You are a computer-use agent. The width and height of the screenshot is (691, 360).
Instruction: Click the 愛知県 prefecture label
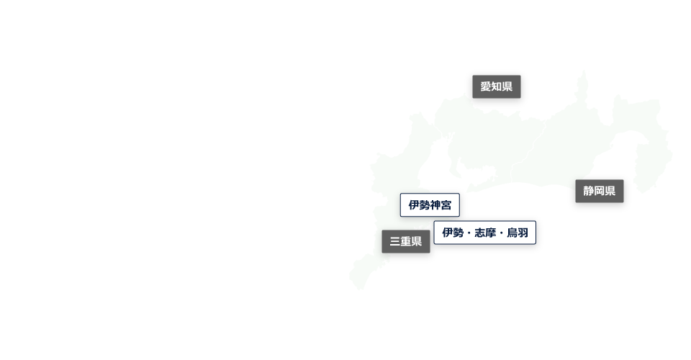(x=496, y=87)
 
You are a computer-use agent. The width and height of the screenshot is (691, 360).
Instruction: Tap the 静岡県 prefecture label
(x=599, y=192)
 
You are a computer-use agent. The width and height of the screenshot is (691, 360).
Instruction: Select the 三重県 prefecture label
(x=406, y=242)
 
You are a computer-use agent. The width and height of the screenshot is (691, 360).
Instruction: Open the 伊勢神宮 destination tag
(x=430, y=205)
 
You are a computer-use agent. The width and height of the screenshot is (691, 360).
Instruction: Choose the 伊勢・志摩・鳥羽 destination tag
(x=484, y=233)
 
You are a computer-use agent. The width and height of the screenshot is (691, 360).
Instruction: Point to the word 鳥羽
(x=517, y=233)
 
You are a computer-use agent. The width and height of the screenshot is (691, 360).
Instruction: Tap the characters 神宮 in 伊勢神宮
(x=441, y=205)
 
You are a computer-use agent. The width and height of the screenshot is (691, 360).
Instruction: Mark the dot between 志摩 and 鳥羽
(x=501, y=233)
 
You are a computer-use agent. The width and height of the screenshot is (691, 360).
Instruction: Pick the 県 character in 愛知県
(x=507, y=87)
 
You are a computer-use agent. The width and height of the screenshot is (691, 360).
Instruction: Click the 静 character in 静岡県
(x=589, y=192)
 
